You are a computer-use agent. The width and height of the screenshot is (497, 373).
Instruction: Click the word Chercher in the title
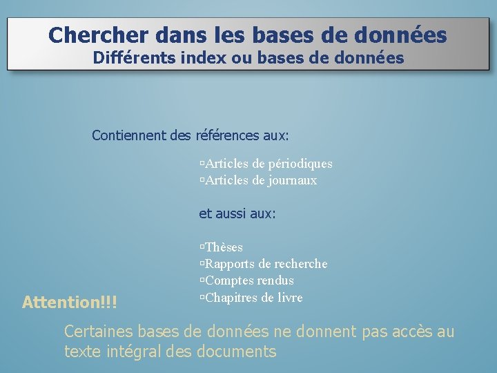pos(91,35)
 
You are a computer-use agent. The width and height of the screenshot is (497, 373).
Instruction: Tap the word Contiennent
pos(129,135)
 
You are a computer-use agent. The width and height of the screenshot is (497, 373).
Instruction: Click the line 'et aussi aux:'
pos(237,214)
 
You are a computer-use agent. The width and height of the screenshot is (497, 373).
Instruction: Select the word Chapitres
pos(231,298)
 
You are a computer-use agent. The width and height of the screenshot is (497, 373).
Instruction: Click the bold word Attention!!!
pos(70,302)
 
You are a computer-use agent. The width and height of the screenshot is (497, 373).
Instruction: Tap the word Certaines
pos(96,332)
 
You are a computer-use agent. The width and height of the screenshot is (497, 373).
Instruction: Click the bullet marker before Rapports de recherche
pos(202,264)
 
